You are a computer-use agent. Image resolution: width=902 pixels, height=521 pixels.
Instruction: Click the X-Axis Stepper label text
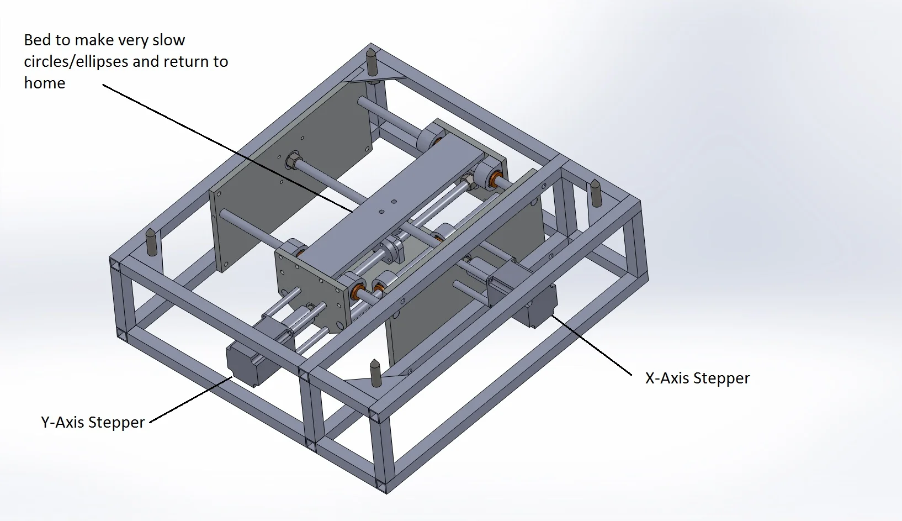[697, 378]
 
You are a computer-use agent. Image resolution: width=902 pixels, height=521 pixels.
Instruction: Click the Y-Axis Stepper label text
[93, 423]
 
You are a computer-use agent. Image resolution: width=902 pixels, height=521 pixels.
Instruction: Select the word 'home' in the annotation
[45, 83]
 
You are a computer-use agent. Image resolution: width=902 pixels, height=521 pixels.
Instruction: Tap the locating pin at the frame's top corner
[372, 62]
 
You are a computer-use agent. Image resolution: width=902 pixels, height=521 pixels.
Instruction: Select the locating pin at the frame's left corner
[151, 241]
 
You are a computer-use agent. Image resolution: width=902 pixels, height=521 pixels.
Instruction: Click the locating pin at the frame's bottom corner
[375, 373]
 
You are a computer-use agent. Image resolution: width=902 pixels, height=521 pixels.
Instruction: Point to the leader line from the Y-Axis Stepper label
[190, 399]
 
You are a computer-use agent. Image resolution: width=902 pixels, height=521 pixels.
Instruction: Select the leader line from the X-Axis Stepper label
[592, 346]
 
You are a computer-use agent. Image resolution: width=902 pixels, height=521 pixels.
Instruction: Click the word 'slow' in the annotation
[169, 40]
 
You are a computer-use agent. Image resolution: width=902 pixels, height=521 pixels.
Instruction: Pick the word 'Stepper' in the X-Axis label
[721, 378]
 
